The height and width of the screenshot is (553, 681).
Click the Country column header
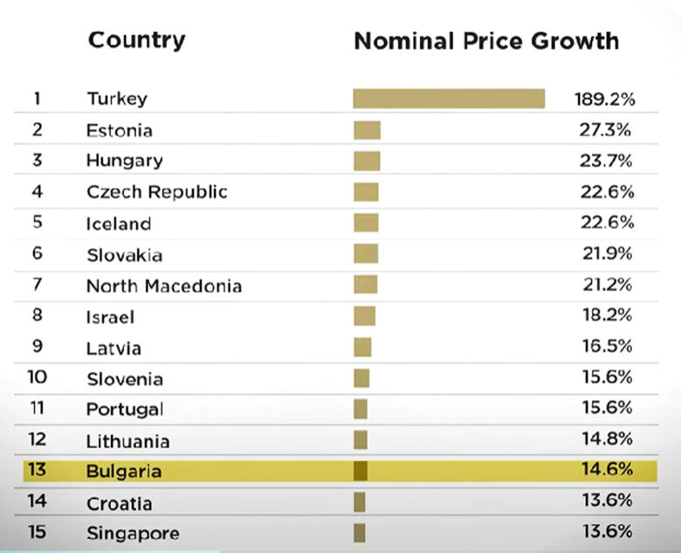[136, 40]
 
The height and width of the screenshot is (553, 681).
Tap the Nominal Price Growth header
[485, 41]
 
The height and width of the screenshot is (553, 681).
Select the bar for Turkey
[449, 98]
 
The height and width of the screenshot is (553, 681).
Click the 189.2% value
[603, 99]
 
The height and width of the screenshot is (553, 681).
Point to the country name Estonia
[119, 130]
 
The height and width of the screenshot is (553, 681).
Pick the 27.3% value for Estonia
[607, 130]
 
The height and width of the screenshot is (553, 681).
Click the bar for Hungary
[367, 161]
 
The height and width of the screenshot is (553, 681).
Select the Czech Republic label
[156, 192]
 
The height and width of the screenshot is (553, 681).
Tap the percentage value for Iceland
[607, 223]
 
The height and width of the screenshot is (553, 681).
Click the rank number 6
[37, 254]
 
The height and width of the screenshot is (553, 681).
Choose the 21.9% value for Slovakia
[607, 254]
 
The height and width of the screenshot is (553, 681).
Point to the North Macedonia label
[163, 286]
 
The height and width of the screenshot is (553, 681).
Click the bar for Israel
[364, 316]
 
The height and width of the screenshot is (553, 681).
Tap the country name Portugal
[124, 410]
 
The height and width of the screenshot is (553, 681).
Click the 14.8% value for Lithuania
[607, 440]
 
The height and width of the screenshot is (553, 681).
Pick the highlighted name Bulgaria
[124, 472]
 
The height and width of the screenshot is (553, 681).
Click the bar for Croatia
[359, 502]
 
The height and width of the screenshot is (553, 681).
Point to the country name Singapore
[133, 534]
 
